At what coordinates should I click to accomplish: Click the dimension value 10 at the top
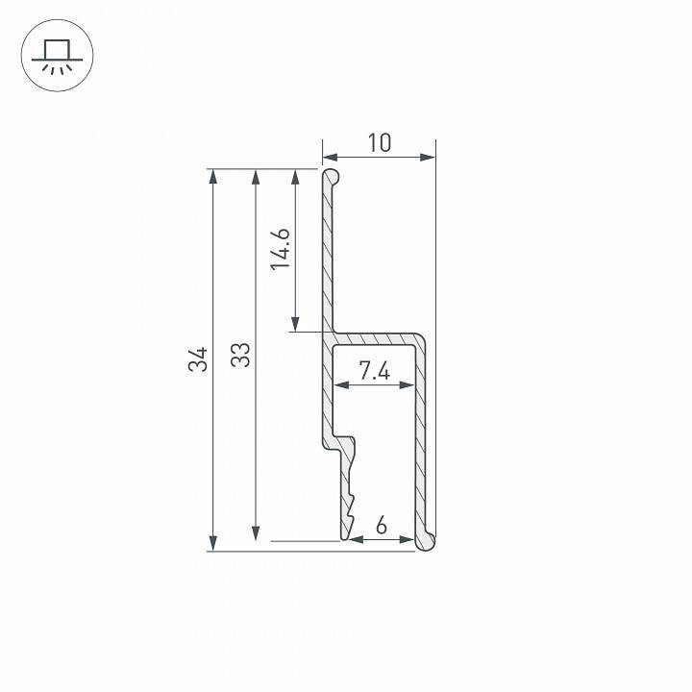click(x=380, y=143)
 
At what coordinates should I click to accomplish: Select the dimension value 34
click(x=198, y=359)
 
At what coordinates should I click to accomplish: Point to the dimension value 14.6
click(x=281, y=249)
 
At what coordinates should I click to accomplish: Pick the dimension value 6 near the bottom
click(x=382, y=526)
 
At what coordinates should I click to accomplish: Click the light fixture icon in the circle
click(x=56, y=58)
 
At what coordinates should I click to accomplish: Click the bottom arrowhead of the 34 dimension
click(x=211, y=545)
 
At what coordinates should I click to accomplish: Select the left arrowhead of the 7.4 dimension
click(x=338, y=386)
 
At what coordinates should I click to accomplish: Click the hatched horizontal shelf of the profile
click(x=377, y=339)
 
